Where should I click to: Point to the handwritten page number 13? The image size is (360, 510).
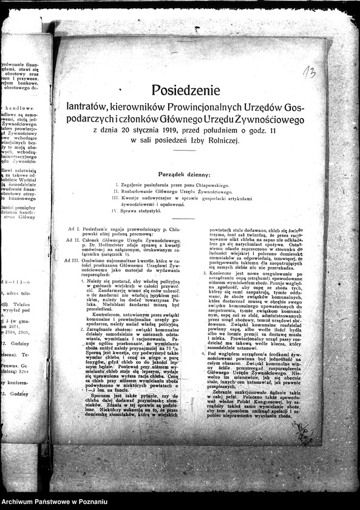click(309, 75)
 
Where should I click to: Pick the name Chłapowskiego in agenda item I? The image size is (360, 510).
click(208, 184)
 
